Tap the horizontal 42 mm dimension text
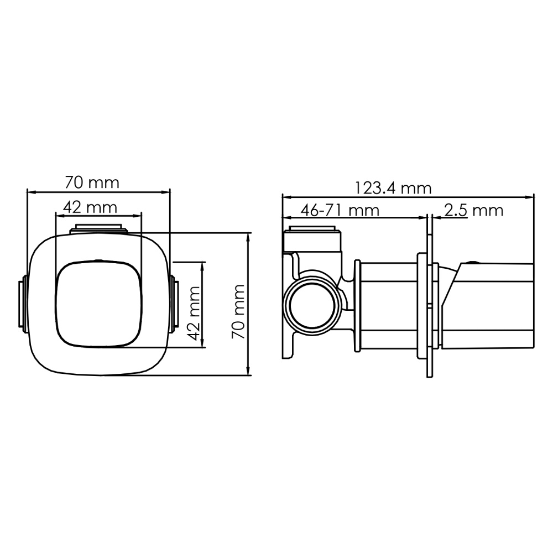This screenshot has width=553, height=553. tap(90, 208)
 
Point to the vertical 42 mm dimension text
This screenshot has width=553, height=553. tap(193, 315)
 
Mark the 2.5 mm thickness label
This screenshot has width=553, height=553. tap(473, 211)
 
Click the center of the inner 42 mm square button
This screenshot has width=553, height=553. tap(98, 303)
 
